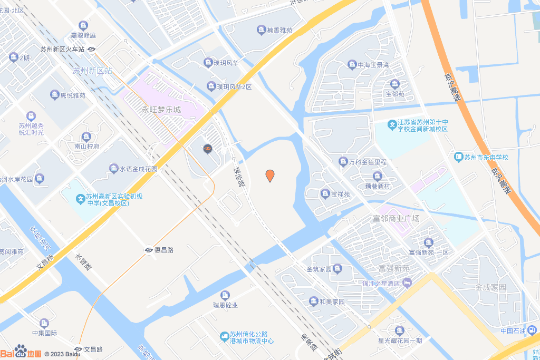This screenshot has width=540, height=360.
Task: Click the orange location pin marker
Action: click(270, 176)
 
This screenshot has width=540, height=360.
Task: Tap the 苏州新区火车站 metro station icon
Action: click(92, 50)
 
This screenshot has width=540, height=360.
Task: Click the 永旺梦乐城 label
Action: click(161, 110)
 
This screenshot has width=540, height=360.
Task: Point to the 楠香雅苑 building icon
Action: click(261, 30)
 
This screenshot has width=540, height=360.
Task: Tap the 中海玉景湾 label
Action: click(373, 65)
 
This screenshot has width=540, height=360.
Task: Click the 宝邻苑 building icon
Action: click(394, 84)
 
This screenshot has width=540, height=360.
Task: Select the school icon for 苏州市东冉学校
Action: click(459, 157)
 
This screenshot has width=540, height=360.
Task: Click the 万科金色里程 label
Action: click(368, 162)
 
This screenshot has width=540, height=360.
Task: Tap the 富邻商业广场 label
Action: click(396, 218)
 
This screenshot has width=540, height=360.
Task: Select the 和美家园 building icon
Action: click(314, 301)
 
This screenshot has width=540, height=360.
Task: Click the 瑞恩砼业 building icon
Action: click(226, 295)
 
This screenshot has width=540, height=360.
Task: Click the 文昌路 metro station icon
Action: click(78, 349)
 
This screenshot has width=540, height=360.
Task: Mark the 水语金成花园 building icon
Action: click(113, 169)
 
